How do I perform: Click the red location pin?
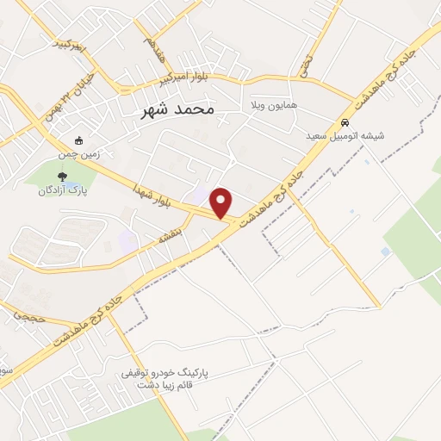tap(222, 202)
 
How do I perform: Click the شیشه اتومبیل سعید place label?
tap(345, 136)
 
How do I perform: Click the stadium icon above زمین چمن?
tap(79, 140)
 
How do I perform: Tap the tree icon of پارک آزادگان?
tap(60, 176)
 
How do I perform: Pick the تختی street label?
tap(304, 60)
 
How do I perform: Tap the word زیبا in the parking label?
tap(167, 387)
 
